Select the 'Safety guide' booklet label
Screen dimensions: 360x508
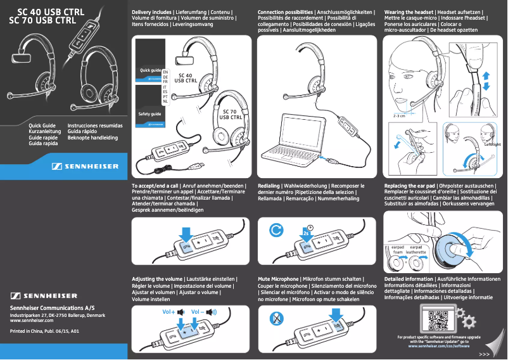(150, 114)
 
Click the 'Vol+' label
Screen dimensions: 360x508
(168, 312)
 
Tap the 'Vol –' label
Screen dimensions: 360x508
(198, 312)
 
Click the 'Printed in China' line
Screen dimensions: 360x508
(44, 331)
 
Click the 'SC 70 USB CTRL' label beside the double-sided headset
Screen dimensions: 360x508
(231, 115)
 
